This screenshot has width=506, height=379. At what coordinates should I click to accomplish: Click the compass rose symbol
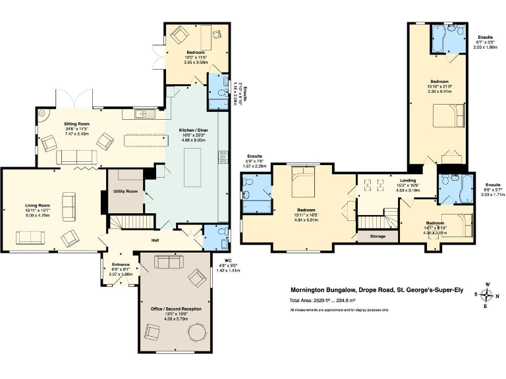pos(487,294)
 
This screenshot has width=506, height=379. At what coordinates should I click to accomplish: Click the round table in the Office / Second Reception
pos(198,334)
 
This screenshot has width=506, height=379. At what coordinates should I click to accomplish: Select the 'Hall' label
pos(157,240)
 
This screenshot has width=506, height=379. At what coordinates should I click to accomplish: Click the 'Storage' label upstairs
pos(378,236)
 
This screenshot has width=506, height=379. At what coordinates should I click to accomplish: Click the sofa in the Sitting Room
pos(77,157)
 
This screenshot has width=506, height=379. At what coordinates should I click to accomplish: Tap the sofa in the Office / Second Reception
pos(169,263)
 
